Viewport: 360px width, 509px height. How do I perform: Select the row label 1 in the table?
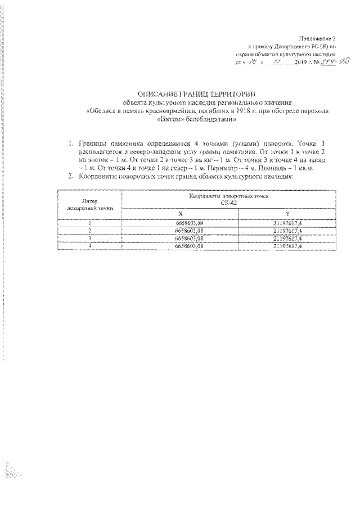tap(89, 224)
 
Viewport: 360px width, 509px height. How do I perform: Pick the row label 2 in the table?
tap(89, 231)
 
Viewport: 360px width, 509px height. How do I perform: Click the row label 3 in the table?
tap(89, 238)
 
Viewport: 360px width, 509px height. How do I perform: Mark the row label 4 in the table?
tap(89, 246)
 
